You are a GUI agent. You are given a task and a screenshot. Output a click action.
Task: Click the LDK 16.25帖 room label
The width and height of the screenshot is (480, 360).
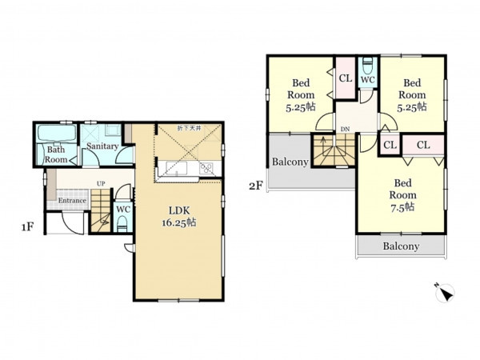pyautogui.click(x=179, y=216)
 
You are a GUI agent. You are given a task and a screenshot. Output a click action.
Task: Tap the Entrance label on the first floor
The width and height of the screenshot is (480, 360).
pyautogui.click(x=72, y=201)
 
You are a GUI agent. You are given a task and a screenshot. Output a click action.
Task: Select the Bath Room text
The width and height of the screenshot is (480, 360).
pyautogui.click(x=56, y=154)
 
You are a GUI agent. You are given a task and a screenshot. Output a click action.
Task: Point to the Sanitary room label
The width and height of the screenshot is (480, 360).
pyautogui.click(x=102, y=146)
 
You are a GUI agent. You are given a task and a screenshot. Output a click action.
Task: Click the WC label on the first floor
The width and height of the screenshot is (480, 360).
pyautogui.click(x=123, y=210)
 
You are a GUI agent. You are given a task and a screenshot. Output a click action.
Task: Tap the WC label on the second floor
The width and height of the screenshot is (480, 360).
pyautogui.click(x=368, y=79)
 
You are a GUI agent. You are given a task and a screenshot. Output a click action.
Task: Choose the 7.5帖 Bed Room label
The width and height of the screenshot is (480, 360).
pyautogui.click(x=402, y=195)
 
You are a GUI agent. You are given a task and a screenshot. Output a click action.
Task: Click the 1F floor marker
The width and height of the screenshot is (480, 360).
pyautogui.click(x=27, y=227)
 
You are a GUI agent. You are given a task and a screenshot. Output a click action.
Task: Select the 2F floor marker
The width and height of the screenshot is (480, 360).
pyautogui.click(x=256, y=186)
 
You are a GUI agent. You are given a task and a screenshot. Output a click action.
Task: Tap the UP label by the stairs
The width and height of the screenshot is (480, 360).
pyautogui.click(x=101, y=184)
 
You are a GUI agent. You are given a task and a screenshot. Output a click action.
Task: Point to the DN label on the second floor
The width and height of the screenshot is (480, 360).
pyautogui.click(x=345, y=129)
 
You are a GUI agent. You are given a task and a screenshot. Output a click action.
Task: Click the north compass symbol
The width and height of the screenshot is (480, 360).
pyautogui.click(x=445, y=292)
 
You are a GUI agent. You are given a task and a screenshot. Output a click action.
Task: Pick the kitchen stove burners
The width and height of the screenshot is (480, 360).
pyautogui.click(x=206, y=168)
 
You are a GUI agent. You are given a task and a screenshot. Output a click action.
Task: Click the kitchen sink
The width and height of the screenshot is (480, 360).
pyautogui.click(x=177, y=168)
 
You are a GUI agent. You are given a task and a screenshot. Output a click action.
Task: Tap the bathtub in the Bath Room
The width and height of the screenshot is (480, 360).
pyautogui.click(x=58, y=133)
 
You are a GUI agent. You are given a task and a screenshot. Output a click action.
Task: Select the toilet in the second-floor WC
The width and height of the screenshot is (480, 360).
pyautogui.click(x=366, y=65)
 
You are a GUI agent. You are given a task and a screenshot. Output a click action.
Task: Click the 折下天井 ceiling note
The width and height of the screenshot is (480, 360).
pyautogui.click(x=189, y=128)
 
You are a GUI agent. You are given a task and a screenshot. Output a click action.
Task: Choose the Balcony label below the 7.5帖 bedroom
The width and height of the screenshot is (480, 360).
pyautogui.click(x=401, y=246)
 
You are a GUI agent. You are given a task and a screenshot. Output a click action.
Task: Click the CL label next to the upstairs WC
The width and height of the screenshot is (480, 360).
pyautogui.click(x=346, y=78)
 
